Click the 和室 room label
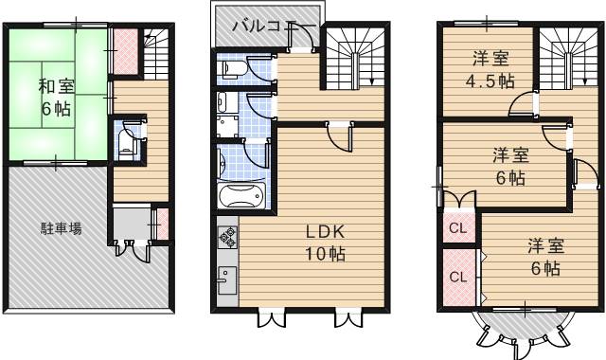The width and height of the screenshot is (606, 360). (x=57, y=86)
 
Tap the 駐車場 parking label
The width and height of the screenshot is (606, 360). (x=61, y=228)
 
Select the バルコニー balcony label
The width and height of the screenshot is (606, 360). (x=274, y=27)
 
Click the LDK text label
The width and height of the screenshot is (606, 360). (x=325, y=231)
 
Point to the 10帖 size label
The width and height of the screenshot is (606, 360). (x=325, y=254)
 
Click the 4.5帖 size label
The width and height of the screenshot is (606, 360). (x=490, y=81)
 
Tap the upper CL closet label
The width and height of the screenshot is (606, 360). (x=458, y=228)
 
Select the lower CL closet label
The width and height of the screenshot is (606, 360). (x=458, y=277)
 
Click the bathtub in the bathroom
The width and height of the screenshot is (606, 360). (x=241, y=195)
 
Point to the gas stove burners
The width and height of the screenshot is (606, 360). (x=227, y=238)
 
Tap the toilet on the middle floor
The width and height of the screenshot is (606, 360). (x=231, y=69)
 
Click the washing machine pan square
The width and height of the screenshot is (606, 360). (x=227, y=126)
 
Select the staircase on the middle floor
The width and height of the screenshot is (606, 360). (x=354, y=59)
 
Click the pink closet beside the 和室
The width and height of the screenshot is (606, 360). (x=126, y=51)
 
